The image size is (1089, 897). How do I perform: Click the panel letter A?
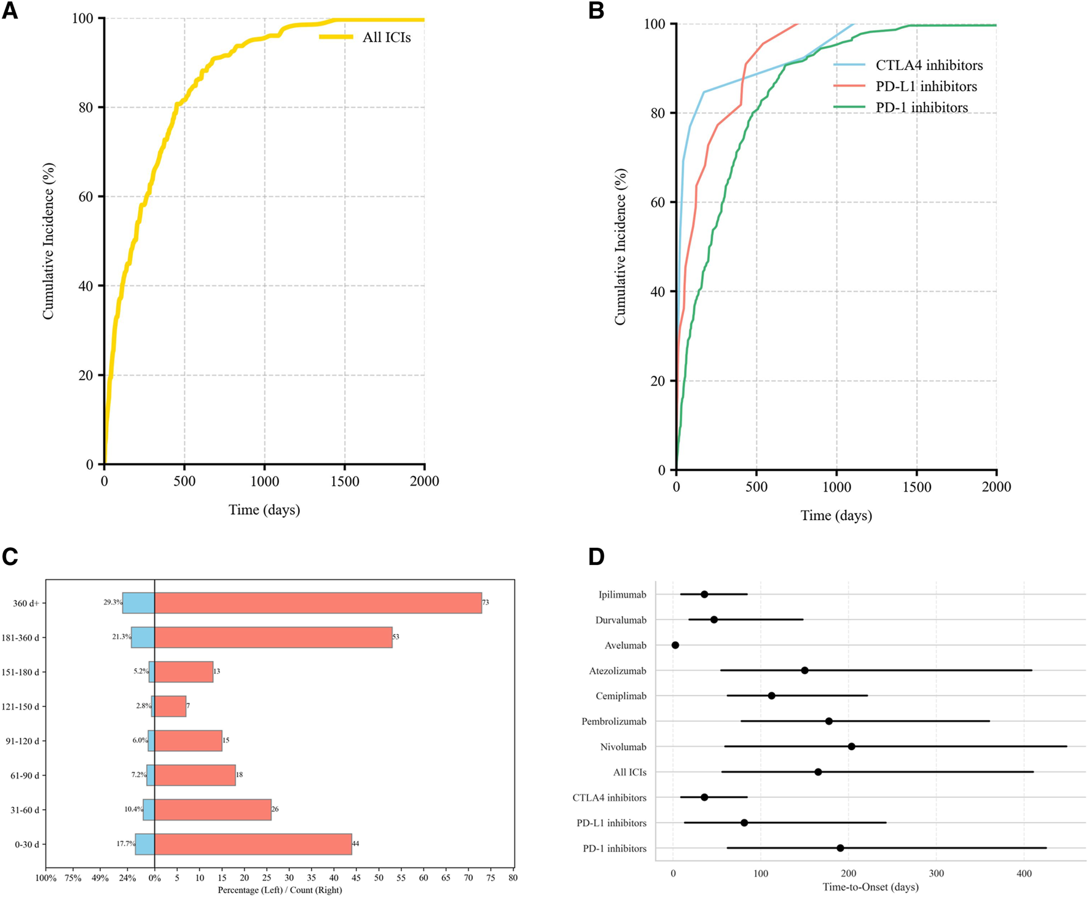(10, 11)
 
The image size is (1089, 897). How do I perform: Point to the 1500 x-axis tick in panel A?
(345, 481)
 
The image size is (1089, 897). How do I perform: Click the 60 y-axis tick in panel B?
(658, 202)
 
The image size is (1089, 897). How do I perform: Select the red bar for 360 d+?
(318, 603)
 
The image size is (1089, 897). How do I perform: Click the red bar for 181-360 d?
(273, 638)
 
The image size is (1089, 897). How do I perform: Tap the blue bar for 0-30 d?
(145, 844)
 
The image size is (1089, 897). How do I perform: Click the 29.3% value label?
(112, 603)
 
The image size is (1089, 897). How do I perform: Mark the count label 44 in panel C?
(355, 844)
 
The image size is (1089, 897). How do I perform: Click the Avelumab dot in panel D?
(675, 645)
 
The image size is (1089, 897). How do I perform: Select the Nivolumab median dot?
(851, 746)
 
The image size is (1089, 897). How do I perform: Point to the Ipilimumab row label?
(622, 595)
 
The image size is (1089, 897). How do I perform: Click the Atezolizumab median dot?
(804, 670)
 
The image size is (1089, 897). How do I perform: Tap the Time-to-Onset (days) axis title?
(870, 887)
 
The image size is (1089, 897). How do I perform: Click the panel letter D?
(596, 556)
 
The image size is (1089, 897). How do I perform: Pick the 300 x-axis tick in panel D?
(936, 874)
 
